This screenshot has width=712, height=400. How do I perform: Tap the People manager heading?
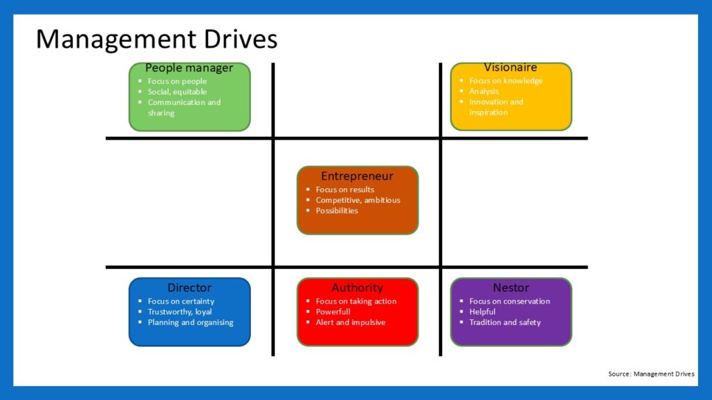(189, 68)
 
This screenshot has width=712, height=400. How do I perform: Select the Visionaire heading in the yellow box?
(510, 67)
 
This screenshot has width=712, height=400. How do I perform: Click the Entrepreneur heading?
(357, 176)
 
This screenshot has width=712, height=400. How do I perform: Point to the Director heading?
(189, 287)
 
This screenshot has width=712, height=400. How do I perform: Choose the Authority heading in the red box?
(357, 287)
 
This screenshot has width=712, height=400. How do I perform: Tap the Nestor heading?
(510, 287)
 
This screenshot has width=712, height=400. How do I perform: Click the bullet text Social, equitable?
(177, 92)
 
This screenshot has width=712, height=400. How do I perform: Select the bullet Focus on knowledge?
(505, 81)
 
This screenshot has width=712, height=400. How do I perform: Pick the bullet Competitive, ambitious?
(358, 200)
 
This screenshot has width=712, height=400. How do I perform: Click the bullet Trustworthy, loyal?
(180, 312)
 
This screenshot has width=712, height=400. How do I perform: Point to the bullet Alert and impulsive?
(350, 322)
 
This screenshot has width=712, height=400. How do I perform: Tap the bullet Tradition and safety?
(505, 322)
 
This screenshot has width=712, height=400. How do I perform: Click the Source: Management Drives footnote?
(651, 374)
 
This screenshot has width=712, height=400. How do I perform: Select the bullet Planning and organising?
(191, 322)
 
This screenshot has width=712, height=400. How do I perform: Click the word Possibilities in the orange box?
(337, 210)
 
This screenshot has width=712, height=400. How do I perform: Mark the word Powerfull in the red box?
(333, 312)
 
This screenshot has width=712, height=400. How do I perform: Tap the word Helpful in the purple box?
(483, 312)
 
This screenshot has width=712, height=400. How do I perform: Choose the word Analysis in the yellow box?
(484, 91)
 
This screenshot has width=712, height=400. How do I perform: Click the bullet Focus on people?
(177, 81)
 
